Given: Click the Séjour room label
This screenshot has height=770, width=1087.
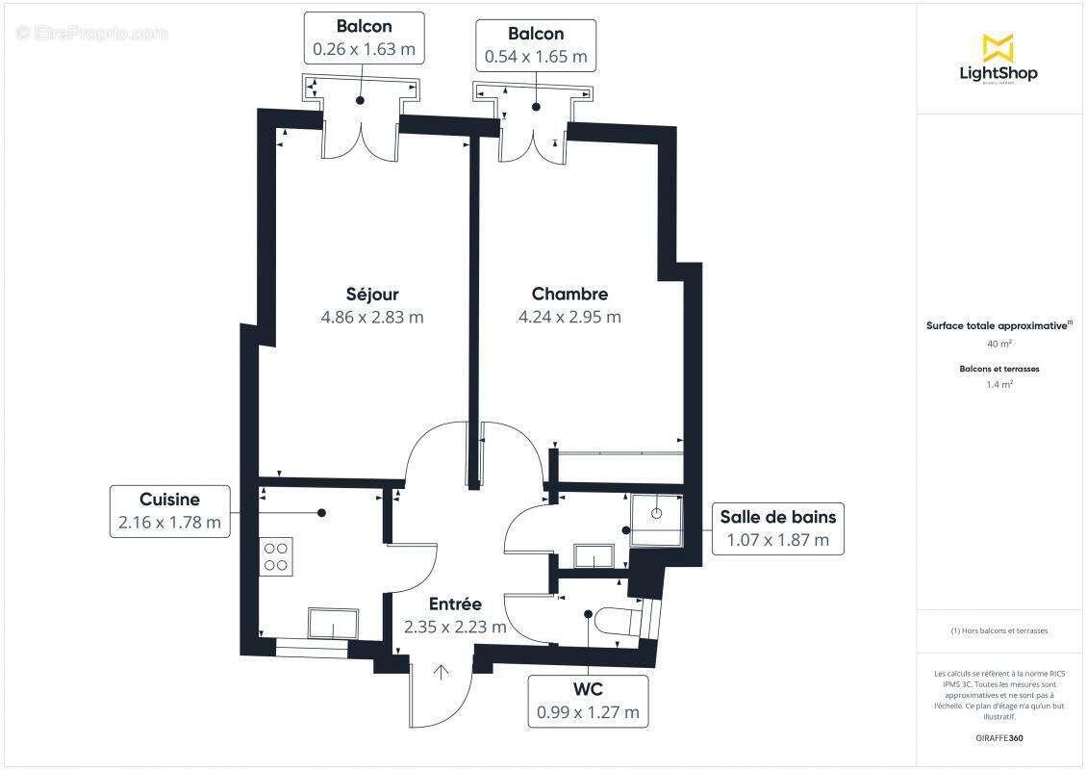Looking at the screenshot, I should click(372, 295).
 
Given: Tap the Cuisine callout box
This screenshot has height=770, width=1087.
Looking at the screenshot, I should click(169, 511).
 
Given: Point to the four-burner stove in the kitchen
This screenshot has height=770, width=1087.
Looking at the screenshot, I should click(275, 555).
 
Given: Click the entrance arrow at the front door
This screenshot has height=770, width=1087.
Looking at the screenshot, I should click(442, 672).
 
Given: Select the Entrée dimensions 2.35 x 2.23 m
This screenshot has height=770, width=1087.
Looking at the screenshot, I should click(455, 627).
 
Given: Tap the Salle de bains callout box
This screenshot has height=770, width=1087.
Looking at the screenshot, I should click(777, 528).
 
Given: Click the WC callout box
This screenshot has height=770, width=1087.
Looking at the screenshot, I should click(588, 701).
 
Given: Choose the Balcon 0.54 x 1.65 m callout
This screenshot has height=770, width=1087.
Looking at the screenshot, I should click(537, 45).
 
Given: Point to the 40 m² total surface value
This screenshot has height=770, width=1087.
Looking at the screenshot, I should click(999, 344).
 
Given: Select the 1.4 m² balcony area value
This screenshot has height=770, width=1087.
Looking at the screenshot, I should click(999, 384).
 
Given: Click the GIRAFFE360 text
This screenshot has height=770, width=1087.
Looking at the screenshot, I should click(1000, 738).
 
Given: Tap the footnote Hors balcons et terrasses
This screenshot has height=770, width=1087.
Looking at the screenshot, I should click(999, 630).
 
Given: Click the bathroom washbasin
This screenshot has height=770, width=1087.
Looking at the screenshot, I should click(594, 556).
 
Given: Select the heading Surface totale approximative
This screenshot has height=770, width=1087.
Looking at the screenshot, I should click(998, 325).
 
